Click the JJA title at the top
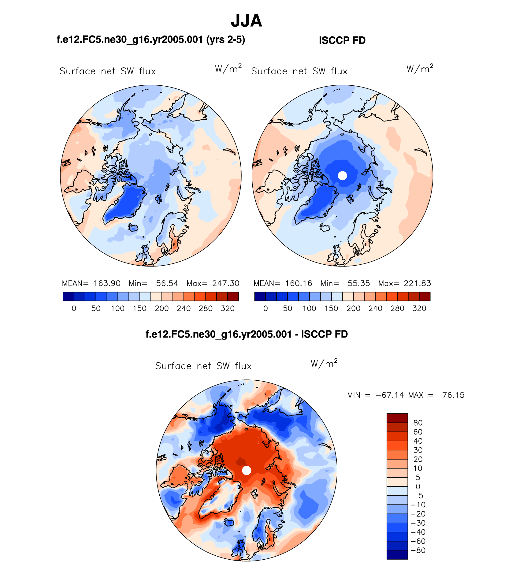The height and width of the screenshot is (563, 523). (246, 21)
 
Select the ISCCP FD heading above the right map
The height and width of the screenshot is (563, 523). (342, 40)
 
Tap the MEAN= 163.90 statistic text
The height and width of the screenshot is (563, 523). (91, 283)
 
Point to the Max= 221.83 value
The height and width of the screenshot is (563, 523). (404, 283)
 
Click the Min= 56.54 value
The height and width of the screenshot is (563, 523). (153, 283)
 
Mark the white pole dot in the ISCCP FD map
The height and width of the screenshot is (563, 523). (342, 175)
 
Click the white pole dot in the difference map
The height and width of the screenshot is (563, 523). (247, 470)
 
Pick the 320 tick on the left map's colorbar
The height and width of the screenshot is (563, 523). (228, 308)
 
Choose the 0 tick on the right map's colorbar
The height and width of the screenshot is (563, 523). (265, 308)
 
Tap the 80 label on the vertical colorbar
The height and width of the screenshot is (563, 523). (418, 423)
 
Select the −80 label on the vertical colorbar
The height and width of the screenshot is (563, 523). (418, 550)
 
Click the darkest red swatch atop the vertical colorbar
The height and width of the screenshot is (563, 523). (397, 418)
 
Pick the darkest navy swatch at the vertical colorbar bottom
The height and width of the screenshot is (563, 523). (397, 554)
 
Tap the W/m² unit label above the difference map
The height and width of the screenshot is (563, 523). (324, 364)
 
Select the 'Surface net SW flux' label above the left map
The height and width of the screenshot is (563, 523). (108, 71)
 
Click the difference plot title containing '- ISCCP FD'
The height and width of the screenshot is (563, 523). (247, 334)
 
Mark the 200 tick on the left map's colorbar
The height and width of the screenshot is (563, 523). (161, 308)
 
